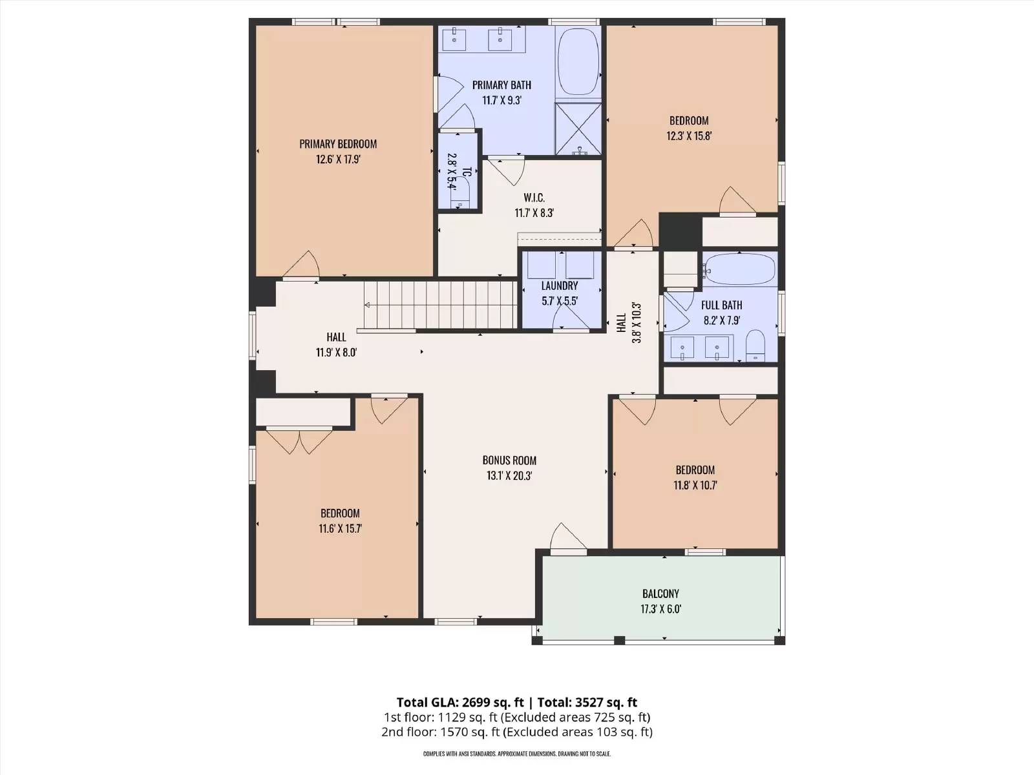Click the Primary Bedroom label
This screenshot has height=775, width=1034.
tap(338, 144)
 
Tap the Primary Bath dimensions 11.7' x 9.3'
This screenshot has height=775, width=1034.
tap(501, 100)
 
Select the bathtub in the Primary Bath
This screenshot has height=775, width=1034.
tap(578, 63)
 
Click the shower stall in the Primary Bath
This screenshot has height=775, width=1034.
tap(578, 129)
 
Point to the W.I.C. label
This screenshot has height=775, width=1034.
tap(534, 198)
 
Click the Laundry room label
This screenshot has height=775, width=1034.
tap(560, 285)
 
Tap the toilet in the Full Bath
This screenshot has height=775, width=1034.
tap(755, 346)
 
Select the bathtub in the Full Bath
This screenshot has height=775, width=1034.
tap(739, 269)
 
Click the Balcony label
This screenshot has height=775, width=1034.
tap(661, 594)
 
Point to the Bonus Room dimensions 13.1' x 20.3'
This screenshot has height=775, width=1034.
tap(509, 476)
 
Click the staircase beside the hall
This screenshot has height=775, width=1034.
tap(441, 304)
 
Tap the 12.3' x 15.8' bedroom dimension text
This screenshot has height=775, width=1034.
tap(689, 136)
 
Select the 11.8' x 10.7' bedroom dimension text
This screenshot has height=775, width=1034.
tap(695, 485)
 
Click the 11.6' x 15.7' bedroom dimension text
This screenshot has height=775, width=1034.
tap(340, 528)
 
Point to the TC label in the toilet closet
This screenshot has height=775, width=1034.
tap(467, 172)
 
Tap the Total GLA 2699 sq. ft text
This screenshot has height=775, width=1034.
tap(460, 703)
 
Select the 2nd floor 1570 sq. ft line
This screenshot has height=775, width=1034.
tap(517, 732)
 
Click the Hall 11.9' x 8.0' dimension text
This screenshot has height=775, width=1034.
tap(336, 353)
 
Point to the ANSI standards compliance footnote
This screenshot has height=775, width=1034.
tap(517, 754)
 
